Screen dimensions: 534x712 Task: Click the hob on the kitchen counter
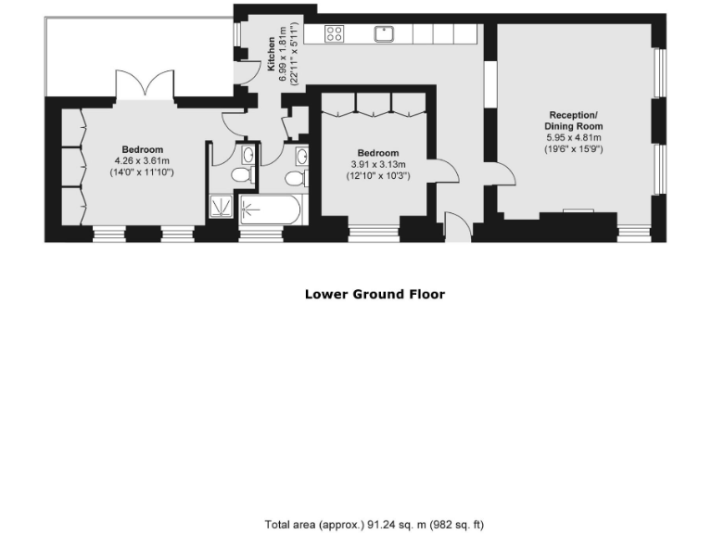pyautogui.click(x=335, y=34)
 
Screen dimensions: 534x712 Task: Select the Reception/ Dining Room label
pyautogui.click(x=575, y=121)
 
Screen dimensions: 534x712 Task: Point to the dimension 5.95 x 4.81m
pyautogui.click(x=575, y=137)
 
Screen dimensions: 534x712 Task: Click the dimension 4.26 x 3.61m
pyautogui.click(x=143, y=160)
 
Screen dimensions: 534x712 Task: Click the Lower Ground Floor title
pyautogui.click(x=375, y=295)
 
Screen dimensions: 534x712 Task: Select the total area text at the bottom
pyautogui.click(x=374, y=524)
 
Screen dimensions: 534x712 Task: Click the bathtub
pyautogui.click(x=269, y=210)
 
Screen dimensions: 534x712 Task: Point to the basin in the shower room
pyautogui.click(x=248, y=155)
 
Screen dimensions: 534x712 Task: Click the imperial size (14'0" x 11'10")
pyautogui.click(x=143, y=172)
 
